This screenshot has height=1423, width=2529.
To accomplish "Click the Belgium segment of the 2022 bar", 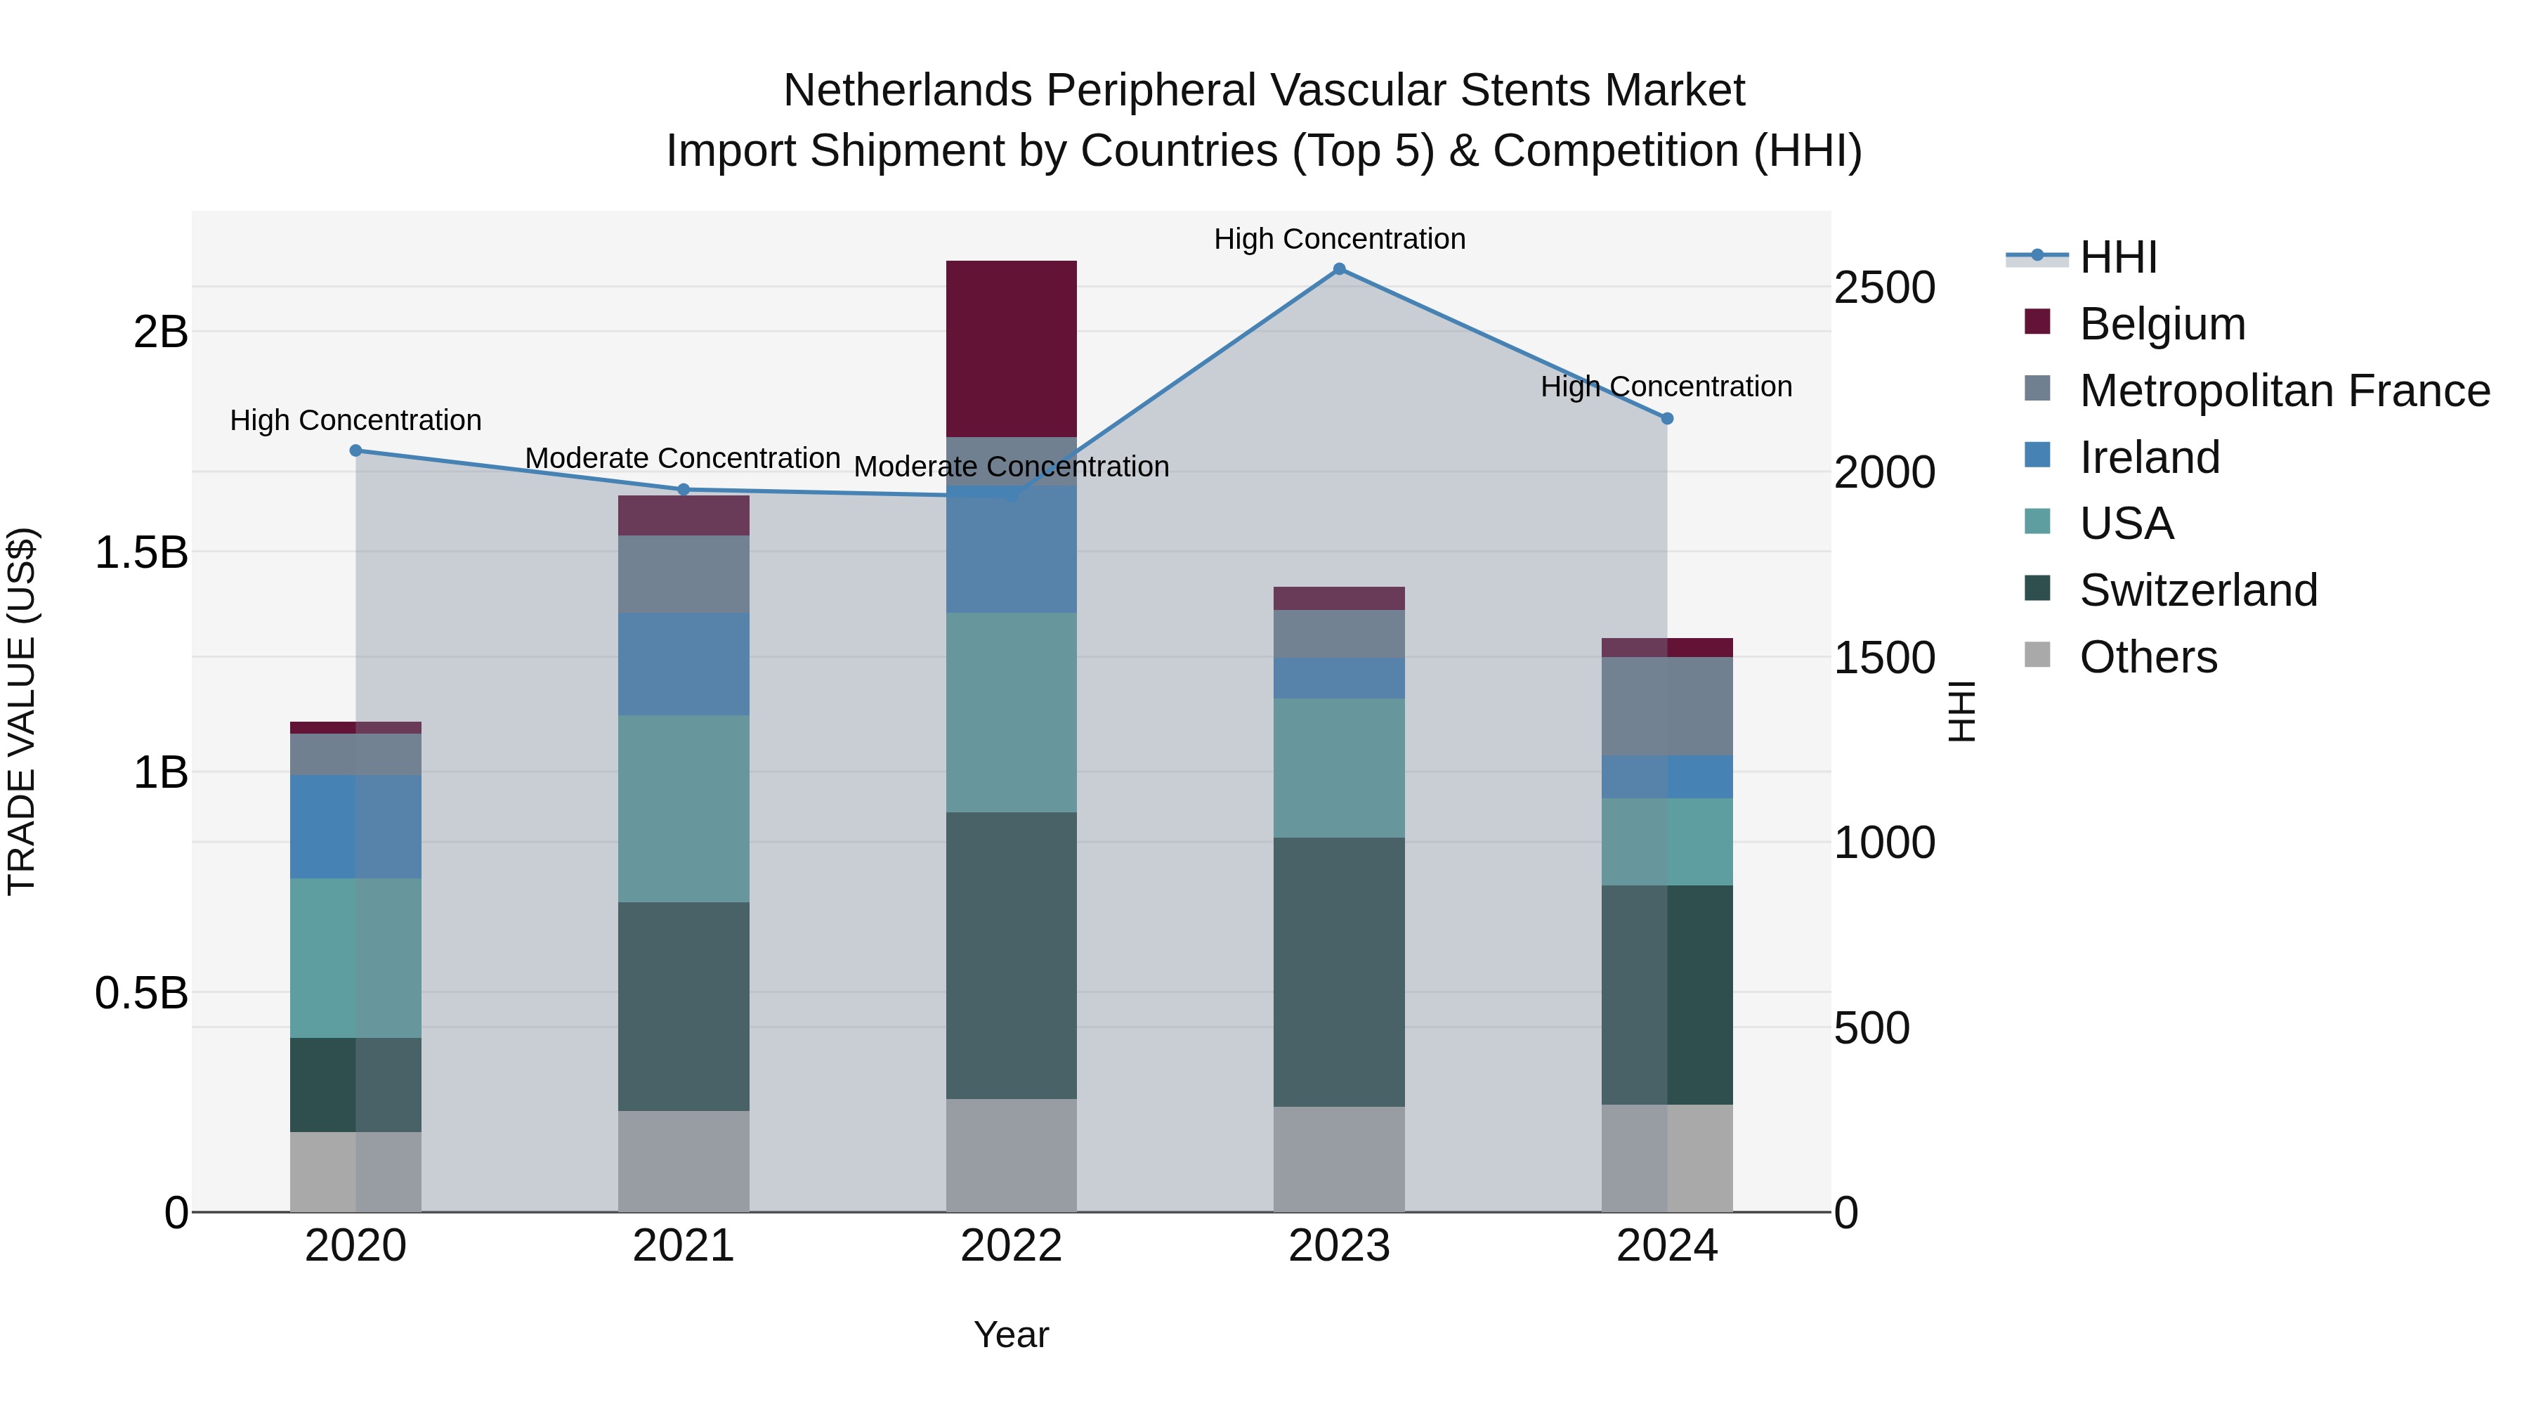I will click(1011, 349).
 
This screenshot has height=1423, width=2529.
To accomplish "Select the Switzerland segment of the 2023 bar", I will click(1339, 973).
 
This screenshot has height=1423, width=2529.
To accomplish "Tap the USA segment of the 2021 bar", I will click(684, 808).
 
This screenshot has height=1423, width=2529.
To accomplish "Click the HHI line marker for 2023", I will click(1339, 269).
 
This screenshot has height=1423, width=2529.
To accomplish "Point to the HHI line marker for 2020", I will click(355, 450).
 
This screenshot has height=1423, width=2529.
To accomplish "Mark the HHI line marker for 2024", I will click(1667, 418).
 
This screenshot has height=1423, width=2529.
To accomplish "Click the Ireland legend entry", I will click(2149, 457).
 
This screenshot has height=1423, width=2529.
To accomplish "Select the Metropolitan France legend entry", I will click(2284, 391).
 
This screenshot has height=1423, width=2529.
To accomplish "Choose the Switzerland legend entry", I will click(2197, 590).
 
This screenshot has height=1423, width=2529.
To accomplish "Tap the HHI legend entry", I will click(2117, 257).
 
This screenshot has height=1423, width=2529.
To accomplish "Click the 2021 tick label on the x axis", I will click(684, 1246).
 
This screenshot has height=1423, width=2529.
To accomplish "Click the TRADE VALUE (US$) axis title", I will click(22, 711).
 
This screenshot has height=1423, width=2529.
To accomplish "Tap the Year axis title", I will click(1011, 1334).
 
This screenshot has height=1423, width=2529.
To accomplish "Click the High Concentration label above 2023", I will click(1339, 239).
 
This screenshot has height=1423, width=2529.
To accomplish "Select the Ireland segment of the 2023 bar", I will click(1339, 677).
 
